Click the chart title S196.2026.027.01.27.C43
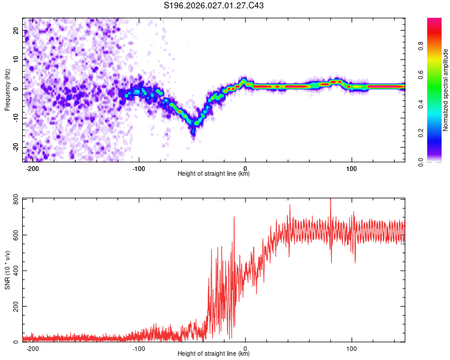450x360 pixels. tap(214, 6)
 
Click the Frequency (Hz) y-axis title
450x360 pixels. tap(7, 90)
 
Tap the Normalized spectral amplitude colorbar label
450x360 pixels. tap(446, 90)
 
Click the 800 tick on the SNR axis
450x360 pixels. tap(14, 199)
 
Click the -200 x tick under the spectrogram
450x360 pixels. tap(33, 168)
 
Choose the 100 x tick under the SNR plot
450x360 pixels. tap(352, 348)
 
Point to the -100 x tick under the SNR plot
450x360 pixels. tap(139, 348)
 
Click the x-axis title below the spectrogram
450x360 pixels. tap(214, 174)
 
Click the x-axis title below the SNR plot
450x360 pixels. tap(214, 354)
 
